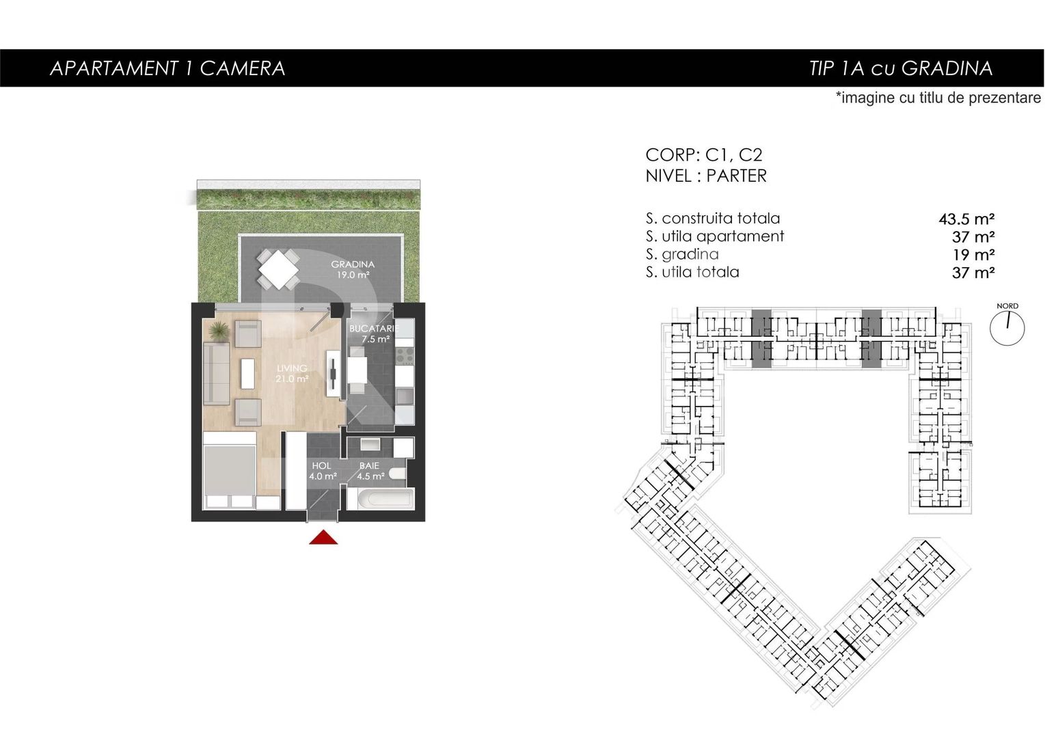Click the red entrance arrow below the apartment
coord(323,538)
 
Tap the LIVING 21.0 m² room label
coord(292,373)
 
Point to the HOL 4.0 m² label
coord(322,471)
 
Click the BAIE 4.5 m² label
coord(370,471)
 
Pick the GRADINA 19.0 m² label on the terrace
coord(353,269)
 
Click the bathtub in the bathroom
coord(380,498)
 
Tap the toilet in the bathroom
coord(397,474)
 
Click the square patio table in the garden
coord(278,269)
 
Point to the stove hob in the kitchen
coord(404,355)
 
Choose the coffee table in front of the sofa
coord(247,373)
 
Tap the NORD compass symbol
coord(1007,327)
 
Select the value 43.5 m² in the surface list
coord(966,219)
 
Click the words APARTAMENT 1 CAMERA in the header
coord(167,68)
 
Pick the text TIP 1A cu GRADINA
coord(900,68)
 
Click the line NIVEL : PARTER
coord(706,176)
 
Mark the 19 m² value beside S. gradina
coord(973,255)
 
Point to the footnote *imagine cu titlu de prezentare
coord(938,98)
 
